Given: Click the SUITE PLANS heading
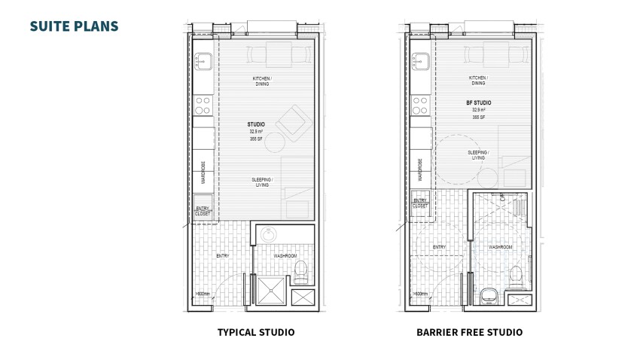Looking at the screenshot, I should pyautogui.click(x=74, y=26).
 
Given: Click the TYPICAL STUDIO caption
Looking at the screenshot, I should pyautogui.click(x=255, y=332).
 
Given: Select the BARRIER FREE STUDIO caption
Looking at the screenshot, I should pyautogui.click(x=469, y=332).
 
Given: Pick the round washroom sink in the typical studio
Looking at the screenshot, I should pyautogui.click(x=270, y=236).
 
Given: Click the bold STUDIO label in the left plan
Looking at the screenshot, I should pyautogui.click(x=256, y=124).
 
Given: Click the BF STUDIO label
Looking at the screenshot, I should pyautogui.click(x=478, y=102).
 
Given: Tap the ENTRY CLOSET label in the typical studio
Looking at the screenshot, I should pyautogui.click(x=203, y=211).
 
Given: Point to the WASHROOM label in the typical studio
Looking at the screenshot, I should pyautogui.click(x=285, y=256).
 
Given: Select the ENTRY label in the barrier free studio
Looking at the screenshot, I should pyautogui.click(x=440, y=246).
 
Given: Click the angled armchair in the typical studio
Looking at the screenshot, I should pyautogui.click(x=291, y=121).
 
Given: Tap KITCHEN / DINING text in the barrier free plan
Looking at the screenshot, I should pyautogui.click(x=477, y=81).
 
